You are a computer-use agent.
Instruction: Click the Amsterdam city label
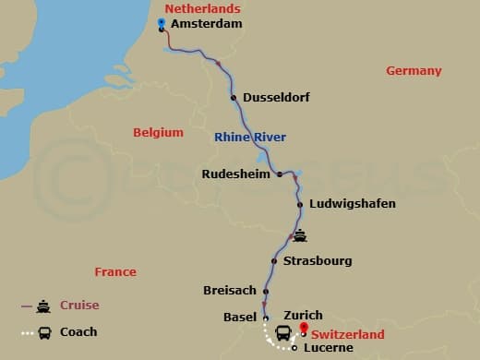point(208,24)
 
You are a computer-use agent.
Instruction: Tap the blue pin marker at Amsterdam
point(162,24)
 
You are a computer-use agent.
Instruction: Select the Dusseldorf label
point(276,98)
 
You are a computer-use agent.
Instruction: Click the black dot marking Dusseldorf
point(234,97)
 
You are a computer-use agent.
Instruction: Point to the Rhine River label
point(250,138)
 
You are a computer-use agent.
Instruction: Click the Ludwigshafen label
point(354,204)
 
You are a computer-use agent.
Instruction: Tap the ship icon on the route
point(299,234)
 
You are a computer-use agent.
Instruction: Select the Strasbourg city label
point(318,261)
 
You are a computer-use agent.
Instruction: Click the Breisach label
point(230,291)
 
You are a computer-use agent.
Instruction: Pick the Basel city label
point(240,318)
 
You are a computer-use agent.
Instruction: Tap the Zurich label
point(303,315)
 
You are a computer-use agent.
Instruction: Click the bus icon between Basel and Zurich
point(282,333)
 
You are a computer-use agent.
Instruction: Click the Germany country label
point(414,71)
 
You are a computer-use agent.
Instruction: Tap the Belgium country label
point(158,132)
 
